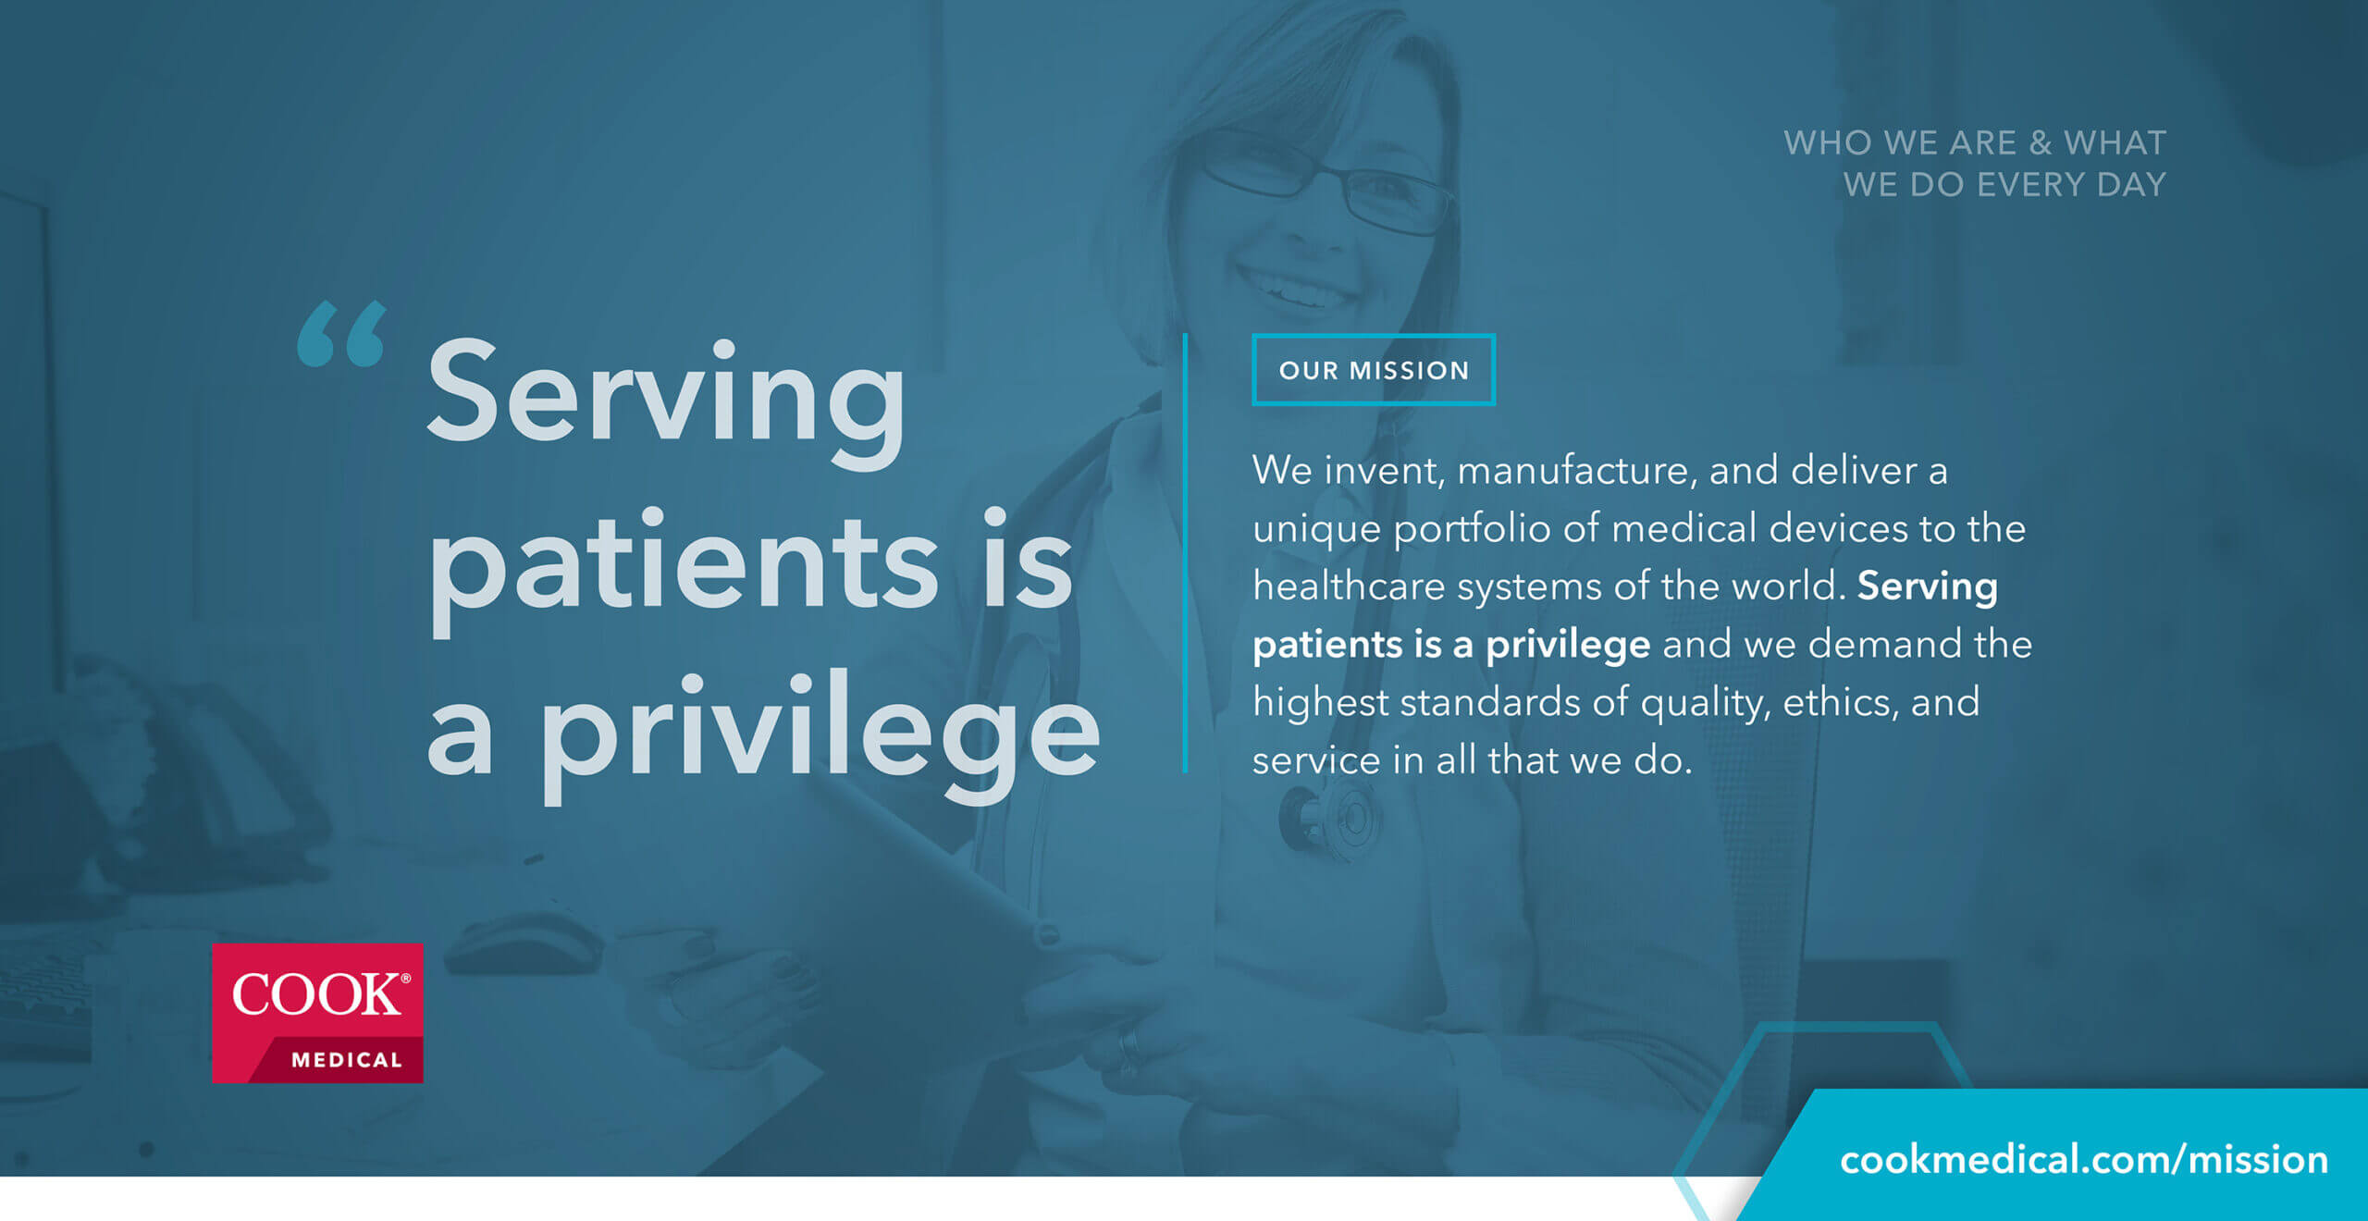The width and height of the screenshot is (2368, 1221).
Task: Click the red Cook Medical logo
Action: pos(317,1013)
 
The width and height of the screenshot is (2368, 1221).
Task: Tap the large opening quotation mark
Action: pos(341,334)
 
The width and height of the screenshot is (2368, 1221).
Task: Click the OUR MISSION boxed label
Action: pos(1374,370)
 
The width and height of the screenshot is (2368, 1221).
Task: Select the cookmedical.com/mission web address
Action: pos(2084,1160)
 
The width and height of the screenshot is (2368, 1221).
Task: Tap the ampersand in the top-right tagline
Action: pos(2040,143)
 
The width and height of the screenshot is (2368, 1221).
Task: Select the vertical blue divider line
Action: pos(1185,553)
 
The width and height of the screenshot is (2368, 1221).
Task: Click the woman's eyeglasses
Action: pos(1327,181)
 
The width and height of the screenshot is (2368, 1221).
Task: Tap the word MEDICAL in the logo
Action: pos(347,1060)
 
